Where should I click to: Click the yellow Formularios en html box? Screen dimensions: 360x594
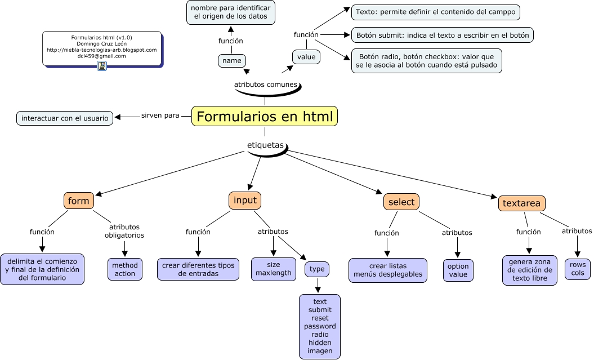tap(265, 116)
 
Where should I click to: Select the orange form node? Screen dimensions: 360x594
tap(78, 201)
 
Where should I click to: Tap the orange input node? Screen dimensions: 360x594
tap(245, 201)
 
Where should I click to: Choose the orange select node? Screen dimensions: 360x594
tap(401, 202)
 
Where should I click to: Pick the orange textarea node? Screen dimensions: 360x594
tap(521, 203)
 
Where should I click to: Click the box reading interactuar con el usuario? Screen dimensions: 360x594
tap(65, 118)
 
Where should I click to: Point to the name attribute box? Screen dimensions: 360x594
tap(231, 60)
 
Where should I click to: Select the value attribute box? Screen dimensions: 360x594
tap(306, 57)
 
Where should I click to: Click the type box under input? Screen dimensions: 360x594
tap(317, 269)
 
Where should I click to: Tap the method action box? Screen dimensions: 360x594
tap(124, 269)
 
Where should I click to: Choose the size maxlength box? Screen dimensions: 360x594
tap(274, 269)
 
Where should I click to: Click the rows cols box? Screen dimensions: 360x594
tap(577, 269)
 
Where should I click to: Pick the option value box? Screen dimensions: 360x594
tap(458, 270)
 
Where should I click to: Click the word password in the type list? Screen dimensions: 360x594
tap(320, 326)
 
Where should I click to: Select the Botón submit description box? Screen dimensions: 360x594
tap(442, 35)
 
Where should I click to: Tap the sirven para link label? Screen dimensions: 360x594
tap(160, 115)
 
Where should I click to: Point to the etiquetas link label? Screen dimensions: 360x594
tap(265, 145)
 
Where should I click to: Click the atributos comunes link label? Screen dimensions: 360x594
tap(265, 85)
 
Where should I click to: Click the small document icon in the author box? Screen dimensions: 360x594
tap(102, 66)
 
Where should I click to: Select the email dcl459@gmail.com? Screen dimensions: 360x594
tap(101, 56)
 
